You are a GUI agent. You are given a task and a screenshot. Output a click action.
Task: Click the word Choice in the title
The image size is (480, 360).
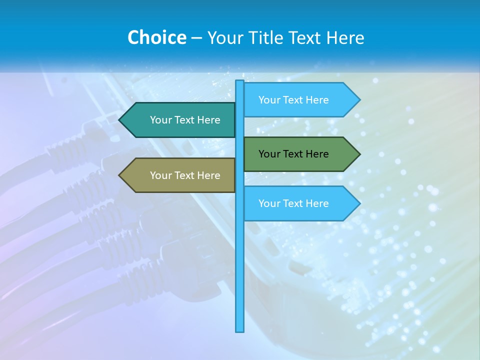[x=156, y=37]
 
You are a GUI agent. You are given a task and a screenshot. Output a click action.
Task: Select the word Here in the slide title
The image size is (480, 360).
[x=345, y=37]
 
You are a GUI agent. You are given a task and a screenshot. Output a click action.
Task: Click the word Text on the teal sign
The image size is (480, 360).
[x=185, y=120]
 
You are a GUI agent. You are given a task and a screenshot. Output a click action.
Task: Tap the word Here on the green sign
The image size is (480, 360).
[x=317, y=154]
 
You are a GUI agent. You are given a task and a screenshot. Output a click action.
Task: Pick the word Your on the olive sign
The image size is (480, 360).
[x=161, y=175]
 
